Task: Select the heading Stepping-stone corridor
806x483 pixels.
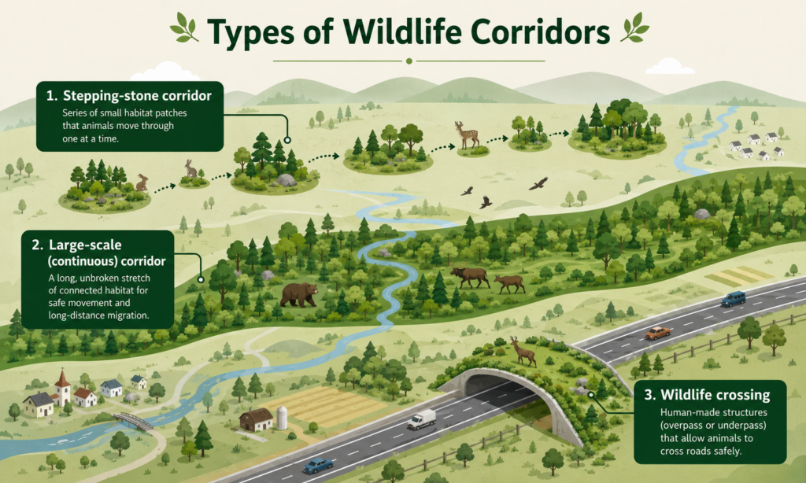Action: coord(137,96)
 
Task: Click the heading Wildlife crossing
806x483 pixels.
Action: coord(715,395)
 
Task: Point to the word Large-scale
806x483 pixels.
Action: coord(85,245)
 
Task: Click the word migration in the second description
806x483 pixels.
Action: coord(124,315)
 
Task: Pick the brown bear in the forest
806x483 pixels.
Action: coord(298,295)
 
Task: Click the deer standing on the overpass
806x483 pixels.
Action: coord(523,352)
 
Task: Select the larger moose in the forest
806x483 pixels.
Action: coord(470,277)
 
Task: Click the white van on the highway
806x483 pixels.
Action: coord(422,419)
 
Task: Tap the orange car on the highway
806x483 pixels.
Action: coord(657,333)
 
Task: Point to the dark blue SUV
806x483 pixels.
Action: coord(733,299)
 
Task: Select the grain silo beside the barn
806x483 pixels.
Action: coord(283,418)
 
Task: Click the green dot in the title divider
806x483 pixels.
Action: coord(409,61)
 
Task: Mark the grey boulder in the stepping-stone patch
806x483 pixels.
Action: coord(286,180)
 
